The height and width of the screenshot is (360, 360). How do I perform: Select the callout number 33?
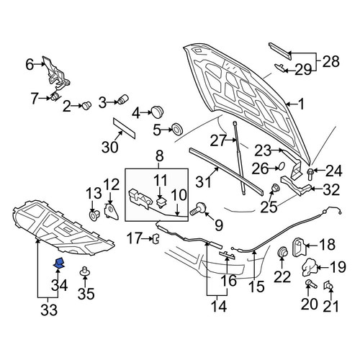[x=49, y=310]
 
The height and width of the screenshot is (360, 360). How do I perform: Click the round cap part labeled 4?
[x=157, y=112]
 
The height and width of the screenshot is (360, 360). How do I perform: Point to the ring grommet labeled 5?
[x=179, y=129]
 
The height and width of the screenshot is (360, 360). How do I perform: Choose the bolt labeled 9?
[x=199, y=208]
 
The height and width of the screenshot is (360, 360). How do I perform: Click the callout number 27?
[x=218, y=140]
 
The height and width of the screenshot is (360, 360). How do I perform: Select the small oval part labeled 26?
[x=282, y=166]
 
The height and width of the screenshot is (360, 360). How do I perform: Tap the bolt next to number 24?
[x=310, y=174]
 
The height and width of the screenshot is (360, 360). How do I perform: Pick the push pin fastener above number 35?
[x=84, y=271]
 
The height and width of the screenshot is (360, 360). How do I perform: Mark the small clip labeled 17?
[x=156, y=238]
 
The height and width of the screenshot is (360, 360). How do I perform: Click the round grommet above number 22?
[x=282, y=251]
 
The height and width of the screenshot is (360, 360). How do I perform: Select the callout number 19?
[x=338, y=267]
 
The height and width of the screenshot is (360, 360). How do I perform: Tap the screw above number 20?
[x=311, y=284]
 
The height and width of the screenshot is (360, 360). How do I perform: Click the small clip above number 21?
[x=328, y=285]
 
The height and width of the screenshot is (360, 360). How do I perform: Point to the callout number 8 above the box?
[x=159, y=156]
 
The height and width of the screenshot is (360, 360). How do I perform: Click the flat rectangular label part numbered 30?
[x=124, y=128]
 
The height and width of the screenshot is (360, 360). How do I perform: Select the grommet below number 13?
[x=94, y=215]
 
